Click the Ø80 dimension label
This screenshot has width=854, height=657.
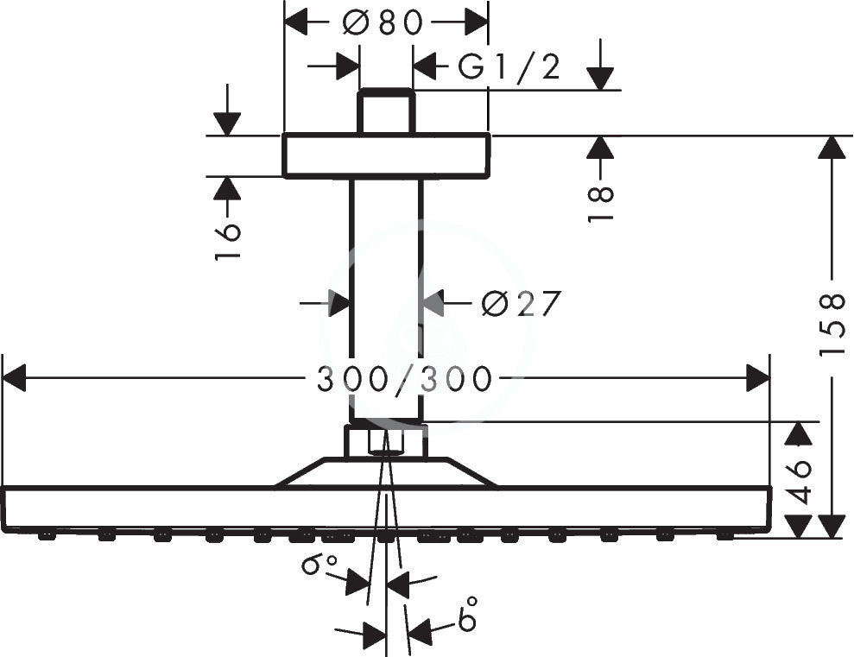pyautogui.click(x=383, y=23)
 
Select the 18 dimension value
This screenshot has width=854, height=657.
pyautogui.click(x=601, y=204)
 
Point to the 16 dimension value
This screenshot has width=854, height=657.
pyautogui.click(x=228, y=241)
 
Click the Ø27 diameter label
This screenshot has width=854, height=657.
pyautogui.click(x=521, y=303)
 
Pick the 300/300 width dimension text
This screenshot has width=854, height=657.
pyautogui.click(x=405, y=379)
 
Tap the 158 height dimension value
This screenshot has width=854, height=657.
pyautogui.click(x=832, y=325)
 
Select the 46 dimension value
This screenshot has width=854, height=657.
pyautogui.click(x=800, y=483)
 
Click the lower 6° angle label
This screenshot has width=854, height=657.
pyautogui.click(x=468, y=614)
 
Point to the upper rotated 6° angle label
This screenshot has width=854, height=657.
pyautogui.click(x=320, y=564)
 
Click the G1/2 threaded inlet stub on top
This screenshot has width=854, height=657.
pyautogui.click(x=386, y=111)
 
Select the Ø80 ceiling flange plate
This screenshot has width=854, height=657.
pyautogui.click(x=386, y=155)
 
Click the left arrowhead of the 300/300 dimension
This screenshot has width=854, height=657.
pyautogui.click(x=15, y=378)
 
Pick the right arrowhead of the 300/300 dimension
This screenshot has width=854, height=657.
pyautogui.click(x=758, y=378)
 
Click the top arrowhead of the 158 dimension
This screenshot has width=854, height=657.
pyautogui.click(x=832, y=147)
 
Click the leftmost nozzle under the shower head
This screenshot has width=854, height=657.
pyautogui.click(x=47, y=537)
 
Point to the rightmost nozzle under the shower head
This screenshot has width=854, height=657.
pyautogui.click(x=725, y=537)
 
